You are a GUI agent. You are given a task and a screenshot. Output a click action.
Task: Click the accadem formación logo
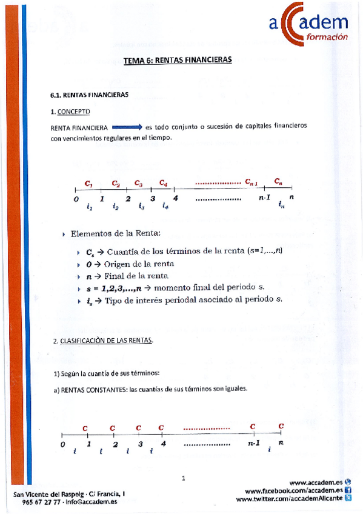tap(308, 28)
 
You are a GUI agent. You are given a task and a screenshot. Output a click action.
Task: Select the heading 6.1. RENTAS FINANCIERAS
tap(88, 95)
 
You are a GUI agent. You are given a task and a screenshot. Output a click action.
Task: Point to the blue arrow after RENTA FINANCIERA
tap(126, 127)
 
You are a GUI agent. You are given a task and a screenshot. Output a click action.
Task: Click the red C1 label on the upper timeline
tap(88, 182)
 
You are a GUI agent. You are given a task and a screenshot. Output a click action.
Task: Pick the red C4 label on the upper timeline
tap(163, 182)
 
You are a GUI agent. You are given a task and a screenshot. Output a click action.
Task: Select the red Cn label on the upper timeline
tap(278, 181)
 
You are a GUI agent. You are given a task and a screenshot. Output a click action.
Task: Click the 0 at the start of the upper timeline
tap(76, 199)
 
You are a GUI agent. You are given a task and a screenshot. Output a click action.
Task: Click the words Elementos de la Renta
tap(116, 234)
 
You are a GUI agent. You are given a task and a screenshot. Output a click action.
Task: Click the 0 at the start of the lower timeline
tap(62, 444)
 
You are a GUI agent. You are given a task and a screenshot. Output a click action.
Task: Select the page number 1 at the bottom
tap(183, 479)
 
